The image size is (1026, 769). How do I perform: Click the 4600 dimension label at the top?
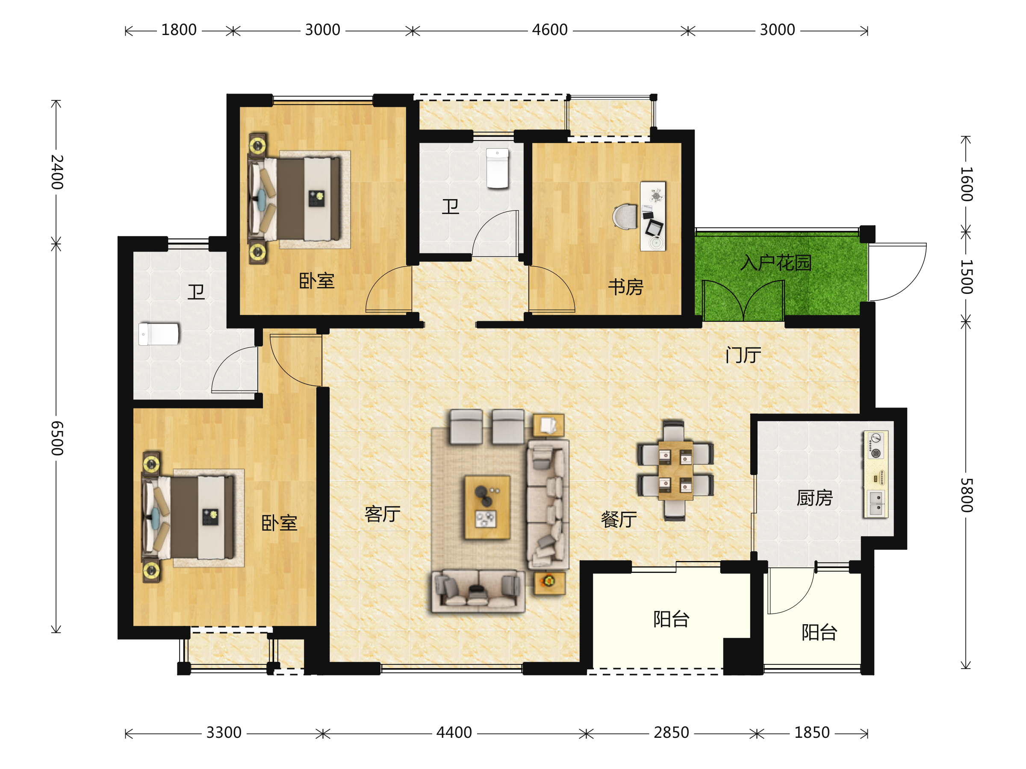click(550, 30)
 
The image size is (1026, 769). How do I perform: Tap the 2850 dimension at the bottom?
click(671, 733)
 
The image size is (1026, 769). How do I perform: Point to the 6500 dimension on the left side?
click(56, 438)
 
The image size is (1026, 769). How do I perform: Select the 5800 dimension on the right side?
click(966, 495)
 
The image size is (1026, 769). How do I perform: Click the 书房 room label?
click(626, 287)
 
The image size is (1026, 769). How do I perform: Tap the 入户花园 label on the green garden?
click(776, 263)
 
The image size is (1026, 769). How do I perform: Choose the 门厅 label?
click(743, 355)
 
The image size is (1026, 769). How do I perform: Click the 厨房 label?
click(814, 498)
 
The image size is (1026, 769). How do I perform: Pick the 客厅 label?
click(382, 514)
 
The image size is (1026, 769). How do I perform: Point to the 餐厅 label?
click(619, 519)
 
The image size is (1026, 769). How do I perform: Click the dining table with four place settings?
click(675, 470)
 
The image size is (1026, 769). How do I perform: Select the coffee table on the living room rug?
click(487, 507)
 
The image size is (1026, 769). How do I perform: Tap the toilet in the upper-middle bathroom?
click(497, 168)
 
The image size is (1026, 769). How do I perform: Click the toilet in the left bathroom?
click(159, 334)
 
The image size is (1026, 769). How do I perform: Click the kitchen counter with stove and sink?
click(876, 474)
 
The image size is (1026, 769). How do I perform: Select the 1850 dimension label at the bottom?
click(812, 733)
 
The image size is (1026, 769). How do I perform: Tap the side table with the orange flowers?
click(549, 583)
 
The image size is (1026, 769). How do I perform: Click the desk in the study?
click(653, 216)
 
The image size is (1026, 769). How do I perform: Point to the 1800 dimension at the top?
click(179, 30)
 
